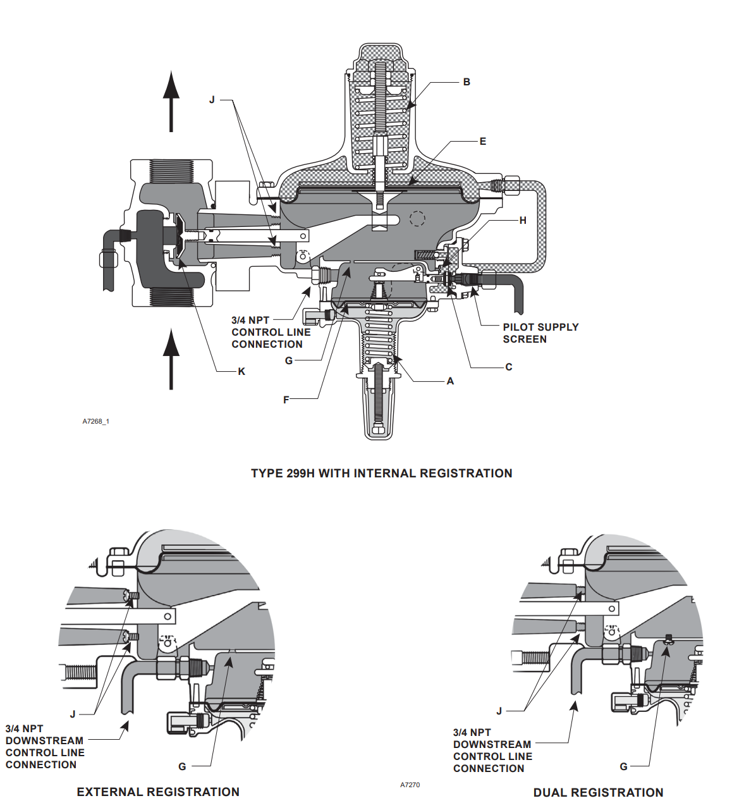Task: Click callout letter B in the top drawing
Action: coord(467,82)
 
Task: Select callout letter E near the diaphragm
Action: coord(483,142)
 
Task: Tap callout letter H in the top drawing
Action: coord(523,221)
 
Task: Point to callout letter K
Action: coord(241,372)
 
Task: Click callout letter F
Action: coord(286,400)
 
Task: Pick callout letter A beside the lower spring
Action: coord(450,381)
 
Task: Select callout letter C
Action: coord(509,367)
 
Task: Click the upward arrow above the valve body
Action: coord(171,101)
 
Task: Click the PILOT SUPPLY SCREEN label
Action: coord(540,333)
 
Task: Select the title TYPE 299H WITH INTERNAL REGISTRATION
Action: coord(381,474)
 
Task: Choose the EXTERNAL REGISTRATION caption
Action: coord(158,792)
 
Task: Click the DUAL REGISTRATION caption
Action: coord(598,793)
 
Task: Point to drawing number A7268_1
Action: coord(96,421)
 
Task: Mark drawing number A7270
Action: coord(410,785)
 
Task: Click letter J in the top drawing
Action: coord(212,100)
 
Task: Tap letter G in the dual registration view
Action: coord(623,766)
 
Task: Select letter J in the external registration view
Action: coord(73,714)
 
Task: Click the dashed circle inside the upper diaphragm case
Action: coord(417,219)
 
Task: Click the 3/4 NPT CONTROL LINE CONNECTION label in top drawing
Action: coord(271,333)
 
